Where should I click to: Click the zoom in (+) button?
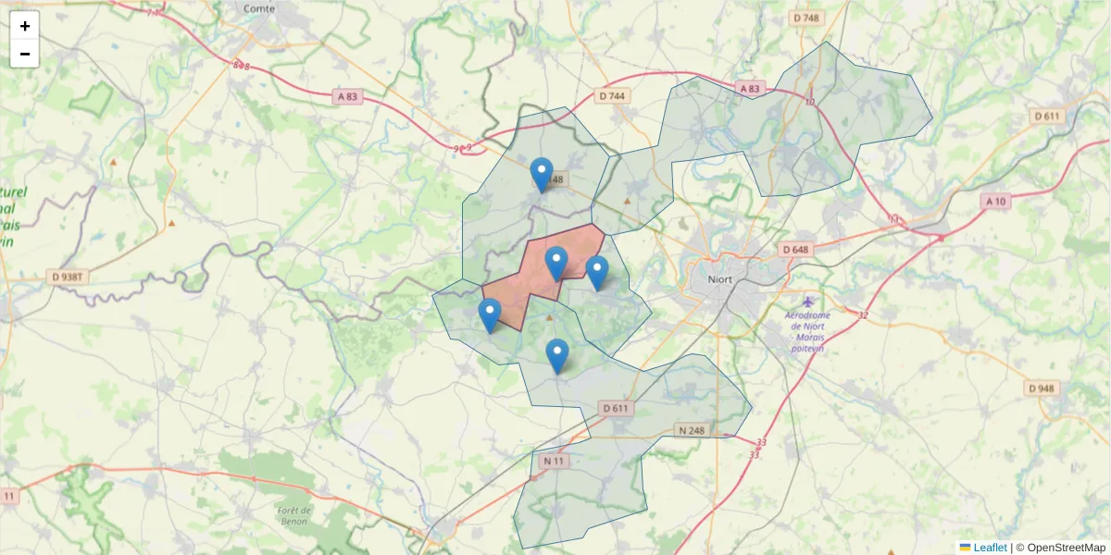(25, 26)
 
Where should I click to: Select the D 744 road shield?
(612, 95)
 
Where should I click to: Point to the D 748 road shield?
(806, 18)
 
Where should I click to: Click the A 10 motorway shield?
(996, 201)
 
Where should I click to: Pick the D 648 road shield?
(795, 250)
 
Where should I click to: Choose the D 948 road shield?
(1041, 388)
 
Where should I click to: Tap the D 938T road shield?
(66, 277)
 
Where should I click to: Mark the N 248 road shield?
(691, 430)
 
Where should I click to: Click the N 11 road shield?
(554, 461)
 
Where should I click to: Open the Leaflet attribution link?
(989, 548)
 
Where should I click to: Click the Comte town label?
(259, 8)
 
